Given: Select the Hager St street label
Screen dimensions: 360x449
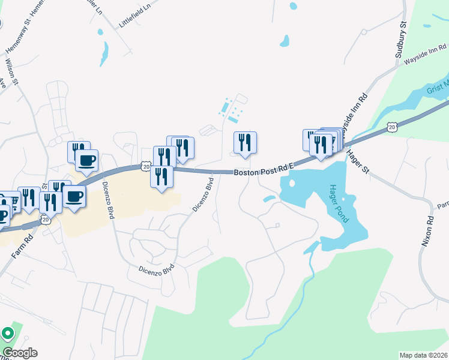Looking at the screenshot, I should point(357,162).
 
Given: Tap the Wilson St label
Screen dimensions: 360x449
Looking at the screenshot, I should point(11,70).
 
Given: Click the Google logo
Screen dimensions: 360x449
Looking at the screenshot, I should point(20,353).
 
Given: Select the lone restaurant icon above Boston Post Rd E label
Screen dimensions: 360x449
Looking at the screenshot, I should point(245,143).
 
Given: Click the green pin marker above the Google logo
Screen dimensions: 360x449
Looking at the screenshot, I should point(8,333).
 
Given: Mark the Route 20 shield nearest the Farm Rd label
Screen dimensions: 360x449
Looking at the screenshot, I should point(46,220).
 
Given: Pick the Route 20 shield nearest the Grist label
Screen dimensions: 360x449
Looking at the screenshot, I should point(391,127).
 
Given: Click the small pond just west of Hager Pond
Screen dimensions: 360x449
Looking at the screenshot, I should point(269,199).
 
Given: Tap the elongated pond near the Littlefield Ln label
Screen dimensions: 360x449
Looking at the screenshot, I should point(104,54).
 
